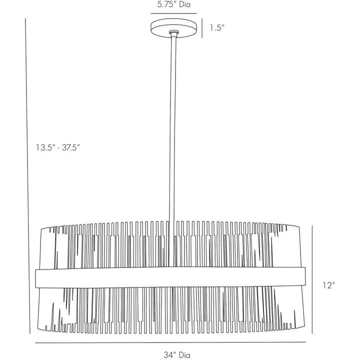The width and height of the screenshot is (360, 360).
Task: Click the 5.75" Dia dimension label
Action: [174, 4]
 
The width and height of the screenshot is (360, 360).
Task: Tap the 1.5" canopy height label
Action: [217, 28]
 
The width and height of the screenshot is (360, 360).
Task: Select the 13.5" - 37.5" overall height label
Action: [57, 147]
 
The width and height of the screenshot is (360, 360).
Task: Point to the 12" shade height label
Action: [329, 285]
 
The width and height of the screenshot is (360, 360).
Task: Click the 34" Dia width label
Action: [177, 354]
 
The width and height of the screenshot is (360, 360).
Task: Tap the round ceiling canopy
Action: [173, 28]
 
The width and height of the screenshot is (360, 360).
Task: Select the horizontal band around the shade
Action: [170, 277]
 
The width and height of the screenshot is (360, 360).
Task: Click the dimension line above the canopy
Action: [173, 13]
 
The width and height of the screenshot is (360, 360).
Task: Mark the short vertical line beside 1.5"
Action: [202, 28]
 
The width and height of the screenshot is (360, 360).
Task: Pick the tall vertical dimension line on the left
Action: [27, 176]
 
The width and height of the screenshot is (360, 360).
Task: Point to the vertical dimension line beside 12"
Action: [312, 279]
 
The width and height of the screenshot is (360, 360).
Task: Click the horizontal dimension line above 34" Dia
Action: [170, 342]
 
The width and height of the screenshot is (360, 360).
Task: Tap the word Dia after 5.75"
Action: [185, 4]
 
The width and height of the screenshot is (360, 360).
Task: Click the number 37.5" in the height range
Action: [70, 147]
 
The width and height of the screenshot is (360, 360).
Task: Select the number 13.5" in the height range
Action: [45, 147]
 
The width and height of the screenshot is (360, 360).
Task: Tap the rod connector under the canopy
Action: [173, 33]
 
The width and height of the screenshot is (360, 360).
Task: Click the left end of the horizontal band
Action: [35, 278]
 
